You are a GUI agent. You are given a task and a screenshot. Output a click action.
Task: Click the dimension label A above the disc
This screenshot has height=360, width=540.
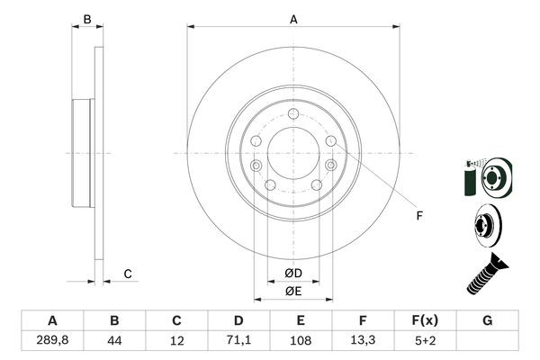click(x=293, y=18)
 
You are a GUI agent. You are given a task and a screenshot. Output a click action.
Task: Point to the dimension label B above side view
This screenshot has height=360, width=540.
click(x=86, y=19)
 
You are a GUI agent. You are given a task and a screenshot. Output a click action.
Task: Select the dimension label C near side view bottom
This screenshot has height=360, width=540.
click(x=128, y=274)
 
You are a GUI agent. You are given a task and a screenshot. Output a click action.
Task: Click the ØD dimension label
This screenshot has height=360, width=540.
click(x=293, y=273)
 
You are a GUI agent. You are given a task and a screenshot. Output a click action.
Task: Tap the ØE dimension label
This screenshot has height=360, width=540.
click(x=293, y=290)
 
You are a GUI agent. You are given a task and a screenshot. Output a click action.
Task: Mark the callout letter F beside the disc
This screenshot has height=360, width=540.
click(x=418, y=215)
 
